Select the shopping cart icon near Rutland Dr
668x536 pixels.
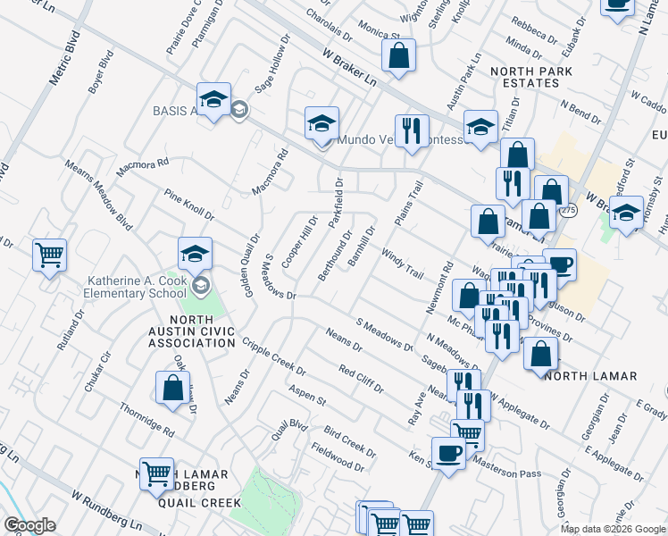50,255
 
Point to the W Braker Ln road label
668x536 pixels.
350,68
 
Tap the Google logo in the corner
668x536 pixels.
29,525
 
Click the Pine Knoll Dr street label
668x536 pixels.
188,205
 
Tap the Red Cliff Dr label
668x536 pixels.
361,379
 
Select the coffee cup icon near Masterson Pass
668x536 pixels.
448,452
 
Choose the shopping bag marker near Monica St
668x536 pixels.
398,55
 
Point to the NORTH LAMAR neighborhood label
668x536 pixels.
590,376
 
